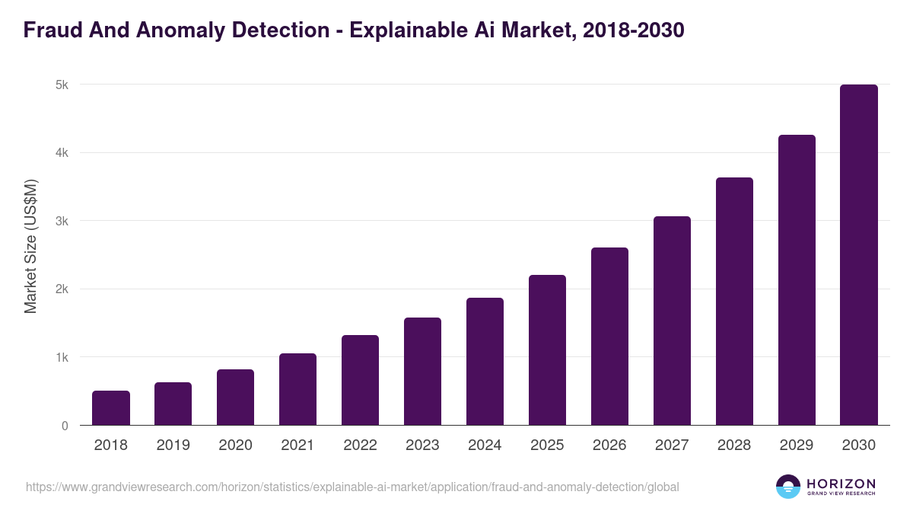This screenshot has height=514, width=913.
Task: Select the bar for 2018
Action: (x=111, y=408)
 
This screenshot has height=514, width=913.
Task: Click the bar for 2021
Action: (x=297, y=389)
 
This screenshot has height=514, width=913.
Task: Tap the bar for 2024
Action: (x=485, y=362)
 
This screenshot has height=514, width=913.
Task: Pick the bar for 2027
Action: (x=672, y=321)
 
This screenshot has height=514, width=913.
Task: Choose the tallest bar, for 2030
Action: (x=859, y=255)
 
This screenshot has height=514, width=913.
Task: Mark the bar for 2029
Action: (x=797, y=280)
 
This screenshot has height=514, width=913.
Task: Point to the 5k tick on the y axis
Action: (x=62, y=85)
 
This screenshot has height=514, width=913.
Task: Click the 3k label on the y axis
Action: (x=62, y=222)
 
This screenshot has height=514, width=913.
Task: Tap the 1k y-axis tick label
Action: (x=62, y=358)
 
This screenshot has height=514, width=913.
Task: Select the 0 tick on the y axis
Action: (x=65, y=426)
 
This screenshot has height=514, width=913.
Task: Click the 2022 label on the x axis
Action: (x=360, y=445)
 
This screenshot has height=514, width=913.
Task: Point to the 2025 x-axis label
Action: (x=547, y=445)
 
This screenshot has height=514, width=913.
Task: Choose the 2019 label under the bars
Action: (x=173, y=445)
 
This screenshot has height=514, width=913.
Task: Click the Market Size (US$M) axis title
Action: (x=30, y=246)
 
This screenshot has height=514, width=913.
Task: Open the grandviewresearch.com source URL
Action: (x=352, y=487)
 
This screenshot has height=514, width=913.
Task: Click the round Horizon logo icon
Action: (x=788, y=487)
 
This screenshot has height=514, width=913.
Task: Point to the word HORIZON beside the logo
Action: (x=841, y=484)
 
